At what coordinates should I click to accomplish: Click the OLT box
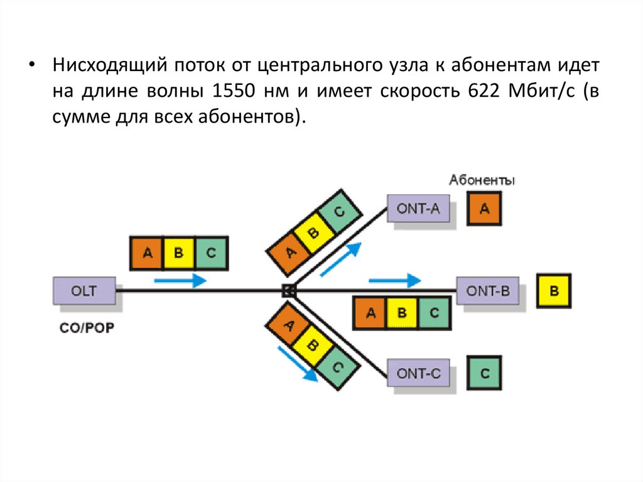click(x=84, y=291)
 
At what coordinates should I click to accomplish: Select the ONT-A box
click(x=418, y=209)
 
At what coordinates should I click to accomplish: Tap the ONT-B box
click(x=487, y=291)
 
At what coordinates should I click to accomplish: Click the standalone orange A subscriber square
click(x=484, y=209)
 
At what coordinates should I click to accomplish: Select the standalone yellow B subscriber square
click(x=554, y=291)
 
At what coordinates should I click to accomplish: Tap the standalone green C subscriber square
click(x=484, y=374)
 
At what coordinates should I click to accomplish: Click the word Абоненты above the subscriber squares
click(x=482, y=181)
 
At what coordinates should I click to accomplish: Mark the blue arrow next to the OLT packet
click(x=180, y=280)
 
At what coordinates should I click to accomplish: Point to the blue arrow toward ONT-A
click(x=341, y=258)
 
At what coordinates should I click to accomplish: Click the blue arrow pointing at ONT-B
click(x=394, y=280)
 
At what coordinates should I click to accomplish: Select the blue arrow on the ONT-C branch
click(x=297, y=364)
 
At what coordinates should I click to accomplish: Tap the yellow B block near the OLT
click(x=178, y=253)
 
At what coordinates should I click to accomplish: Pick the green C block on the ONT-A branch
click(x=340, y=213)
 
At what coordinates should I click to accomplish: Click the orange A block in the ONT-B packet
click(x=370, y=313)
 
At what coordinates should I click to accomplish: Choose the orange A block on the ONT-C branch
click(x=288, y=324)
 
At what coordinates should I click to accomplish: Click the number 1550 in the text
click(x=234, y=90)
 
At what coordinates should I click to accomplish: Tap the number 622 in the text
click(x=483, y=90)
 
